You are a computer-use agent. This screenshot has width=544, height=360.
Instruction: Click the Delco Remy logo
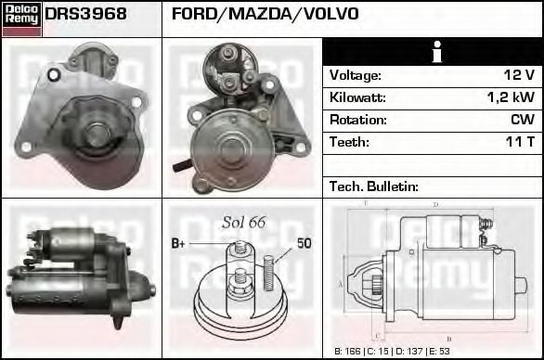click(x=21, y=19)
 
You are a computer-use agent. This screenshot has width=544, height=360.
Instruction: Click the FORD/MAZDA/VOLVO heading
click(x=266, y=14)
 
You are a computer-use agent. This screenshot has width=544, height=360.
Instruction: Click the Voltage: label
click(x=356, y=74)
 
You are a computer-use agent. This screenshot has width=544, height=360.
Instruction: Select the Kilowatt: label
click(x=357, y=96)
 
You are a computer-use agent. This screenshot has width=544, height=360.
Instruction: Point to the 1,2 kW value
click(x=510, y=96)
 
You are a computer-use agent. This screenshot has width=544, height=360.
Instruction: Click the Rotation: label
click(x=357, y=119)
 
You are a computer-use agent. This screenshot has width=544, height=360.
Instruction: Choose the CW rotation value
click(x=522, y=119)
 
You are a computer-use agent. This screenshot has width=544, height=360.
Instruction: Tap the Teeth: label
click(x=349, y=142)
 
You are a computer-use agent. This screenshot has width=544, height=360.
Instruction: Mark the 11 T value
click(x=520, y=142)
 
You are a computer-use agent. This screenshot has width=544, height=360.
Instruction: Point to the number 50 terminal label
click(x=304, y=244)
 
